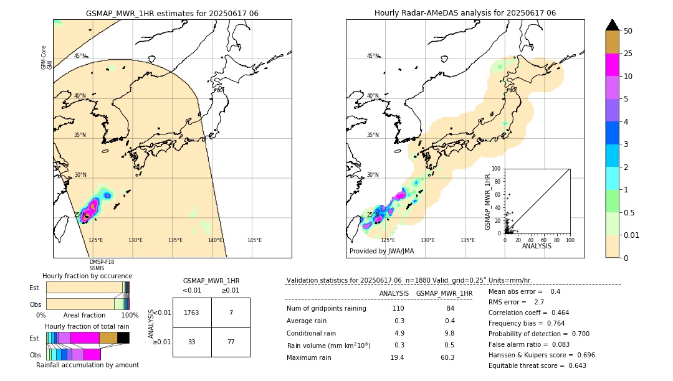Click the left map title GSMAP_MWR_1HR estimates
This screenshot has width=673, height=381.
point(172,13)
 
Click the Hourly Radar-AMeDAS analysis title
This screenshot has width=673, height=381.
point(465,13)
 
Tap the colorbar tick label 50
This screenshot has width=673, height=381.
point(628,31)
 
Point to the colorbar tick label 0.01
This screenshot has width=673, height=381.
point(632,235)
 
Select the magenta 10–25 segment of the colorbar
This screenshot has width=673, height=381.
point(613,65)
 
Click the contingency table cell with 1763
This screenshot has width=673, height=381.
point(192,313)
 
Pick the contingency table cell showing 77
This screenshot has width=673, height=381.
point(231,342)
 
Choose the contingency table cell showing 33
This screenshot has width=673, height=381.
point(192,342)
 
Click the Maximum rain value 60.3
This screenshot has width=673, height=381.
point(447,357)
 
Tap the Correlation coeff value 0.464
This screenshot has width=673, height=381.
point(555,313)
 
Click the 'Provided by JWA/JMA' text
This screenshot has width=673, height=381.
point(381,252)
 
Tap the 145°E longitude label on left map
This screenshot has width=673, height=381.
point(254,240)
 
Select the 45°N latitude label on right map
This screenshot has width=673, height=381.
point(373,56)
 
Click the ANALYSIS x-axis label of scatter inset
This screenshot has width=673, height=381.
point(537,247)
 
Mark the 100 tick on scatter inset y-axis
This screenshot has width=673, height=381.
point(496,169)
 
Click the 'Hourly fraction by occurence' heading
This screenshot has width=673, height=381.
point(87,276)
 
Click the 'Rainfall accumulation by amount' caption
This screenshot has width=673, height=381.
point(87,365)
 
